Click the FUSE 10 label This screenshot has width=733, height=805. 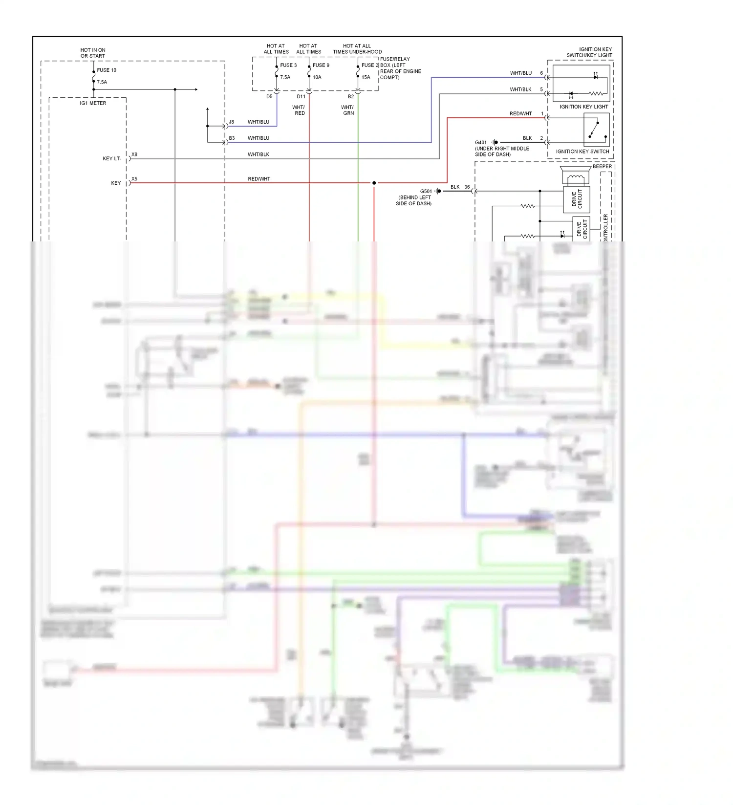pos(107,70)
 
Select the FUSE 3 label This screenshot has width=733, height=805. pos(288,65)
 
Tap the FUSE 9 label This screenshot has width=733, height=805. pos(321,65)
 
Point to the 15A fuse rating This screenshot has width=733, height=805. pos(366,77)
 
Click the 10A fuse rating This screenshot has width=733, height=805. pos(317,77)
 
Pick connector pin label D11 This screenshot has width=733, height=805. pos(301,97)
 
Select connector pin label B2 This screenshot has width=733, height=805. pos(351,97)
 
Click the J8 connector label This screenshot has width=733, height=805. pos(232,122)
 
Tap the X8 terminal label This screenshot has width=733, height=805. pos(134,154)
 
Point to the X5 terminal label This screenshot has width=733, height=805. pos(134,179)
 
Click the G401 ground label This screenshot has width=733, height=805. pos(481,143)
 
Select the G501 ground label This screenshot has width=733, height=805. pos(426,192)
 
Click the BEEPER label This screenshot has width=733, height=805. pos(602,167)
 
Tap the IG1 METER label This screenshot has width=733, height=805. pos(93,103)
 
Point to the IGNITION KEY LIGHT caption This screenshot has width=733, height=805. pos(583,107)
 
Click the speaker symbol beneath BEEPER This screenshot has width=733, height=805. pos(576,176)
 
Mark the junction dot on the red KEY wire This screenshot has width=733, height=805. pos(374,183)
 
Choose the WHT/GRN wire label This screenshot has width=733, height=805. pos(348,110)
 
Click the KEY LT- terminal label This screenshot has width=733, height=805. pos(112,158)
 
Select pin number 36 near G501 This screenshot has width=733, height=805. pos(467,187)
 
